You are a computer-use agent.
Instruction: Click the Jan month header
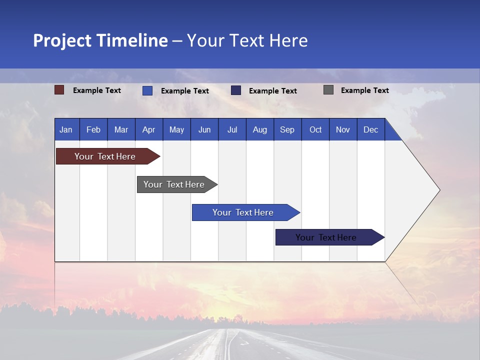coord(66,129)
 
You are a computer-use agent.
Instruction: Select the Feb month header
coord(93,129)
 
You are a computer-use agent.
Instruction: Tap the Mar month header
coord(121,129)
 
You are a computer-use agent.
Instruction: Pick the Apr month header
coord(148,129)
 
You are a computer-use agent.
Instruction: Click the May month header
coord(176,129)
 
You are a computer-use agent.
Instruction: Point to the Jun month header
coord(204,129)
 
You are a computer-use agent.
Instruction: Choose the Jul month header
coord(232,129)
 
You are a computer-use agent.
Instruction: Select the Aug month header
coord(259,129)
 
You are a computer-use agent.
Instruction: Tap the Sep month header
coord(287,129)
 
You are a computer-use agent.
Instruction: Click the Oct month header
coord(315,129)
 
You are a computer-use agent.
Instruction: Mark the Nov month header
coord(343,129)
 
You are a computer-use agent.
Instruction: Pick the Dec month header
coord(371,129)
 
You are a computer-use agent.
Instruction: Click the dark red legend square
coord(59,90)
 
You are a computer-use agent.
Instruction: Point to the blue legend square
coord(147,90)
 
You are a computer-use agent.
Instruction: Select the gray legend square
coord(328,90)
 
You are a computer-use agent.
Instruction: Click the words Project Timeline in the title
coord(100,40)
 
